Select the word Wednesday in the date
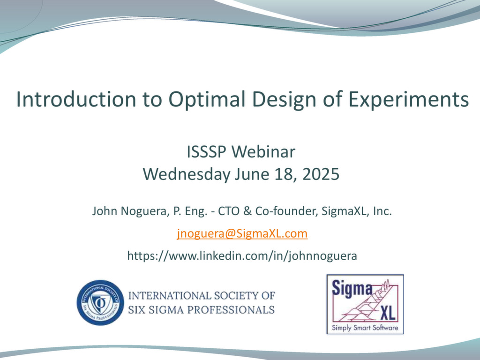(x=187, y=174)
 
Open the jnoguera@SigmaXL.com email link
(x=242, y=233)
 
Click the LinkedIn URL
(x=242, y=256)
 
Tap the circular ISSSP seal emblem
(x=99, y=302)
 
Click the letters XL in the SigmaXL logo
(x=387, y=312)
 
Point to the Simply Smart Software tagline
(x=365, y=328)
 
